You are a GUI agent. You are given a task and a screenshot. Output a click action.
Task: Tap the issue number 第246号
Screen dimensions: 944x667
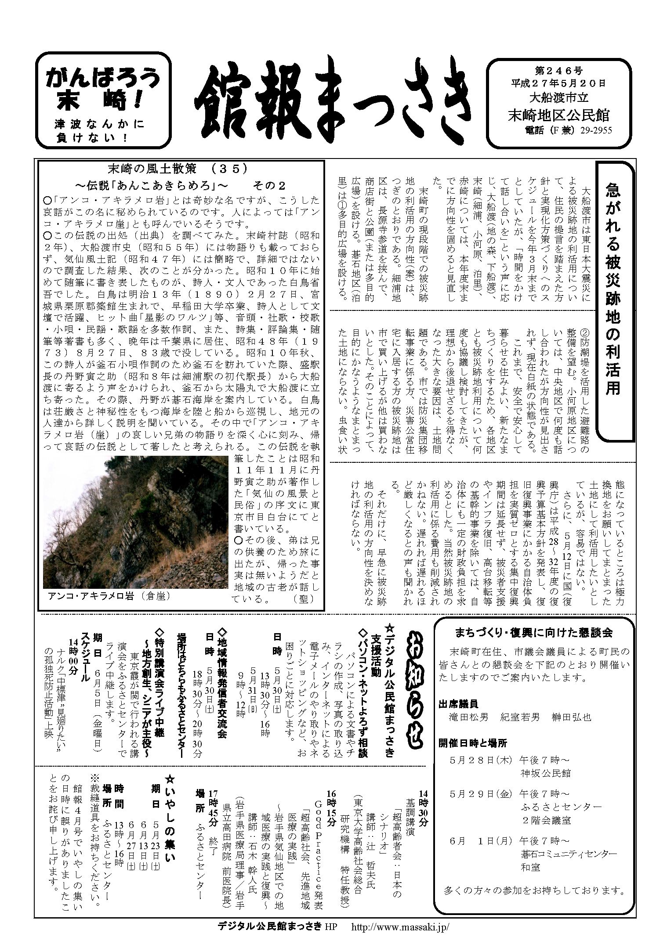tap(558, 70)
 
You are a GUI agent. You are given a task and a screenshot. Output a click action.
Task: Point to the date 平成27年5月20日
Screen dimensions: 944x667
tap(558, 82)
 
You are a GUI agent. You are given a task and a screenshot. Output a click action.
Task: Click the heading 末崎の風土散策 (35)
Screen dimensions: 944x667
tap(178, 169)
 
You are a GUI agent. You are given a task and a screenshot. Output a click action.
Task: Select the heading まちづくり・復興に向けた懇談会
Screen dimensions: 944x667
tap(534, 633)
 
